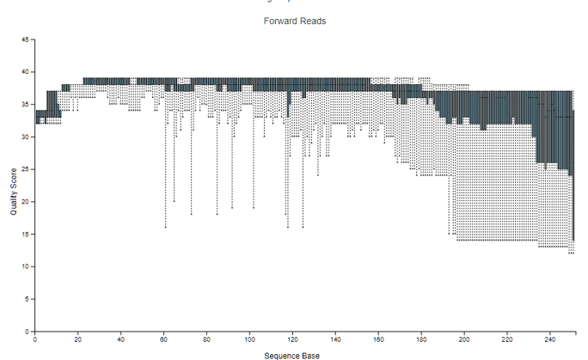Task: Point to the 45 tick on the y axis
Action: tap(26, 40)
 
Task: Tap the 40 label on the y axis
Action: tap(26, 72)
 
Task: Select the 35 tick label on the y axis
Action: tap(26, 105)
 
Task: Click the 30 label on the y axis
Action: tap(26, 137)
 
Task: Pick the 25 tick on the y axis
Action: tap(26, 170)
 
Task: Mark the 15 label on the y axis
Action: tap(26, 235)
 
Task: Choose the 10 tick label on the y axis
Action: tap(26, 267)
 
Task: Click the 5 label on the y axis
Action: tap(28, 300)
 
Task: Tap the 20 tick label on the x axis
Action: tap(78, 339)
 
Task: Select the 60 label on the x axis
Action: tap(164, 339)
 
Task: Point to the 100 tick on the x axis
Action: tap(250, 339)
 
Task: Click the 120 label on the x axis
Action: tap(293, 339)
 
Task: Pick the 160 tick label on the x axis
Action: tap(379, 339)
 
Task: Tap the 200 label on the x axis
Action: tap(465, 339)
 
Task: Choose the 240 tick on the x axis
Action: tap(551, 339)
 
